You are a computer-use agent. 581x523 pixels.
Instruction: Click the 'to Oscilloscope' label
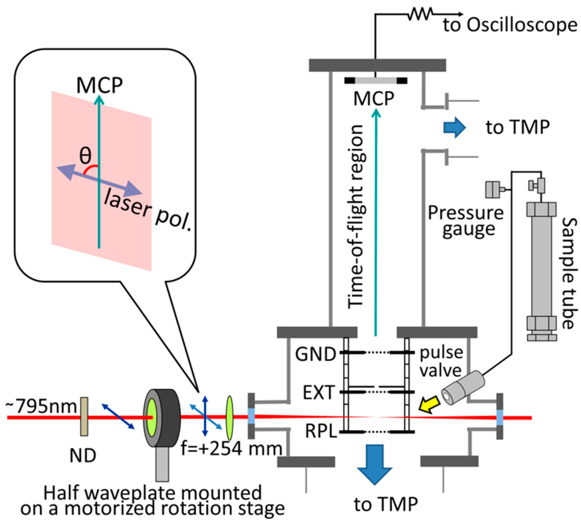[510, 25]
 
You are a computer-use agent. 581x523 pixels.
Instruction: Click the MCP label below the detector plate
[374, 98]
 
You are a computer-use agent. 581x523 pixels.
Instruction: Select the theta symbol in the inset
[85, 155]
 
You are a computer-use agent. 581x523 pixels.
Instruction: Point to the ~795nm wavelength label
[42, 406]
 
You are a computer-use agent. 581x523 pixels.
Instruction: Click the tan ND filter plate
[84, 416]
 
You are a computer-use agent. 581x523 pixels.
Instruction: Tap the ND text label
[83, 455]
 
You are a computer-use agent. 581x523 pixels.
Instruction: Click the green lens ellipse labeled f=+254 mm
[229, 418]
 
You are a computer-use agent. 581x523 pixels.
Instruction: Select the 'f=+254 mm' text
[231, 449]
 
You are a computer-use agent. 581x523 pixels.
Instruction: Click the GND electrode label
[315, 354]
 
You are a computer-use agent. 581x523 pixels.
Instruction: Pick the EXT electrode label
[319, 393]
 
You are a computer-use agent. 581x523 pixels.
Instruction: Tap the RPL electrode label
[321, 431]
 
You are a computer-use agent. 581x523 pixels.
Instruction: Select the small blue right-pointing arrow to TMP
[455, 127]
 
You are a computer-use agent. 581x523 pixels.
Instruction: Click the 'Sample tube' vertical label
[570, 273]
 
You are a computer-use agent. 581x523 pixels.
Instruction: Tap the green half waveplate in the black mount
[152, 417]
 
